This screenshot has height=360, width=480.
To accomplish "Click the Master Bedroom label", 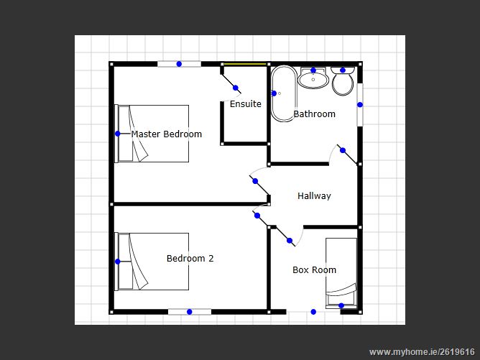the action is (167, 134).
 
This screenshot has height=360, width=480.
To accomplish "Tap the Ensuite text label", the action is (246, 104).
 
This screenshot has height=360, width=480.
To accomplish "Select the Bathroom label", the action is (315, 114).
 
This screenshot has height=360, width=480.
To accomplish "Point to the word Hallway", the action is (315, 196).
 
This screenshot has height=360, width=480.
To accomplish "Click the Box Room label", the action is (315, 270).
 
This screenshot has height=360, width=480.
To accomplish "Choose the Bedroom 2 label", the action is (190, 259).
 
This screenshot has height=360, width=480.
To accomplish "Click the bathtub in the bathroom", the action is (284, 93).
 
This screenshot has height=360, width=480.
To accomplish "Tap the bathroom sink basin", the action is (313, 78).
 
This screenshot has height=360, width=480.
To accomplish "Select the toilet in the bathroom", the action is (343, 81).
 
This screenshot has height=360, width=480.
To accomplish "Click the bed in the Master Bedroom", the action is (152, 134).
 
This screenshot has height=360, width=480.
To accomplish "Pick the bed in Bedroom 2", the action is (152, 262).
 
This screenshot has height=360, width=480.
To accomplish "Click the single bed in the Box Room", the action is (341, 273).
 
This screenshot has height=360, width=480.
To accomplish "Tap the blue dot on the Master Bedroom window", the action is (179, 64).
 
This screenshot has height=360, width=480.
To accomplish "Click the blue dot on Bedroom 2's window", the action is (190, 312).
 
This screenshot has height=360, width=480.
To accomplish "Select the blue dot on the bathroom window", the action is (360, 105).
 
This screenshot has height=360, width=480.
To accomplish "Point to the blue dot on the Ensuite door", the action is (236, 88).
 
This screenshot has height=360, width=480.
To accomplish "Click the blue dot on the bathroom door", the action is (343, 150).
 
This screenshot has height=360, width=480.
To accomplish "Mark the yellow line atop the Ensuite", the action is (245, 64).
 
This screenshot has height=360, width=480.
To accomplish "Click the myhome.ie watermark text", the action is (422, 352).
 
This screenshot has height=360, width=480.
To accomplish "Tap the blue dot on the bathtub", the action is (274, 93).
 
